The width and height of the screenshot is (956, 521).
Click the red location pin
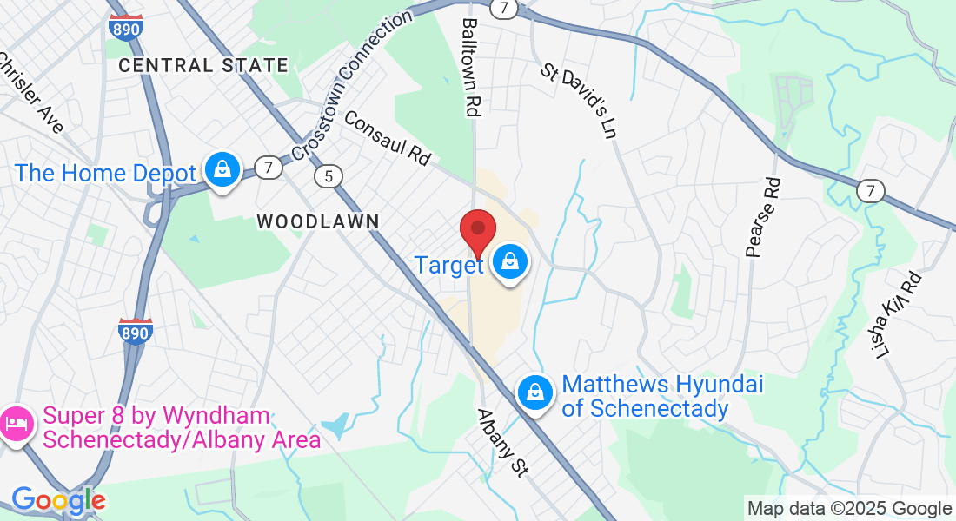[x=477, y=232]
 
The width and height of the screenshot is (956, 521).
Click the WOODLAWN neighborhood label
[x=318, y=222]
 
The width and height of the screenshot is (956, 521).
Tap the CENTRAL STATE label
[x=203, y=65]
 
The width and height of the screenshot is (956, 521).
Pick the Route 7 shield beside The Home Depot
[x=269, y=168]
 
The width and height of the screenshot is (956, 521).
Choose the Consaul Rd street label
[x=388, y=137]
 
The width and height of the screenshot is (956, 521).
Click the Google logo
[x=58, y=500]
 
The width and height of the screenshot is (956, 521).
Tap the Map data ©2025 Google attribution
[x=849, y=509]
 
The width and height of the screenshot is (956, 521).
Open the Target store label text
[x=448, y=265]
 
